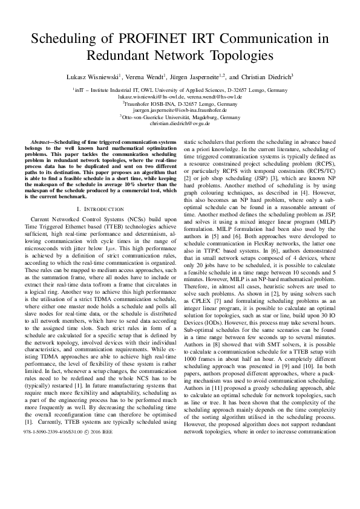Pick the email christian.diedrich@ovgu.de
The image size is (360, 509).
tap(180, 123)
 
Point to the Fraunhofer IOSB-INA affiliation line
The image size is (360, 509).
tap(180, 103)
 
